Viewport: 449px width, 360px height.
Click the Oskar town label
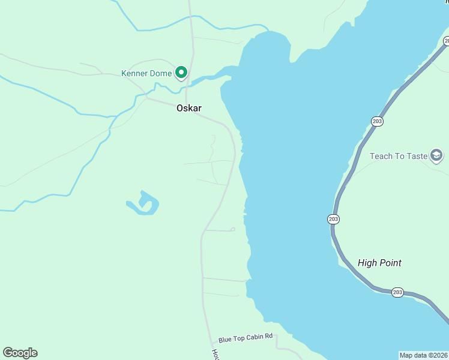[x=188, y=109]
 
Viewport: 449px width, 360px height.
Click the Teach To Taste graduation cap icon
[x=437, y=156]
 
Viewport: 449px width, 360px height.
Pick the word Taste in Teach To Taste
[x=415, y=156]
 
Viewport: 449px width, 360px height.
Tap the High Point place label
[x=379, y=263]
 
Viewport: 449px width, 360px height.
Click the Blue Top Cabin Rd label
[x=246, y=338]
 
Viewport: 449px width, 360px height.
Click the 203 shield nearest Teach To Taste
[x=377, y=121]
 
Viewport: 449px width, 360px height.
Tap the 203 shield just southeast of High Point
[x=397, y=292]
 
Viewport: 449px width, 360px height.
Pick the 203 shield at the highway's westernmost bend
[x=333, y=219]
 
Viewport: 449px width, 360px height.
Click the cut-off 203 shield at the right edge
[x=446, y=41]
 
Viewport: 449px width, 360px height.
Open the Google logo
[x=20, y=353]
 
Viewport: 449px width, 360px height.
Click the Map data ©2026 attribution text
[x=424, y=355]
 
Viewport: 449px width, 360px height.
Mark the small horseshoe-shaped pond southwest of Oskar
[x=144, y=205]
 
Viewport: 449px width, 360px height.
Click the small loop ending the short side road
[x=232, y=229]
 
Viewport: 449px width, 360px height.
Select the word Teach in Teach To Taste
[x=381, y=156]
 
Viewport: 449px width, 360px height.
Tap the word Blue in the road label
[x=225, y=339]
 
